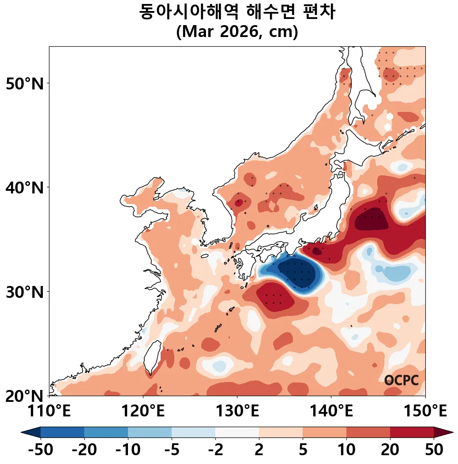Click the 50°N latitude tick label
[x=25, y=83]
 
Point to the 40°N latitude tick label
[x=25, y=187]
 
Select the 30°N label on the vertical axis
[x=25, y=291]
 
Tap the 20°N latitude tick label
[x=25, y=395]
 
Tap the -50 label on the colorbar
[x=41, y=450]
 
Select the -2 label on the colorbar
[x=215, y=450]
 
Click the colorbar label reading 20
[x=390, y=450]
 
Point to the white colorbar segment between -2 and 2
[x=237, y=432]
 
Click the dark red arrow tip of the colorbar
[x=444, y=432]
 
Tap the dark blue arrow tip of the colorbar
[x=30, y=432]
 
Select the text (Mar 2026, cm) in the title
[x=237, y=33]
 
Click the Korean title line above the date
[x=237, y=12]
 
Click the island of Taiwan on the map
[x=154, y=356]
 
